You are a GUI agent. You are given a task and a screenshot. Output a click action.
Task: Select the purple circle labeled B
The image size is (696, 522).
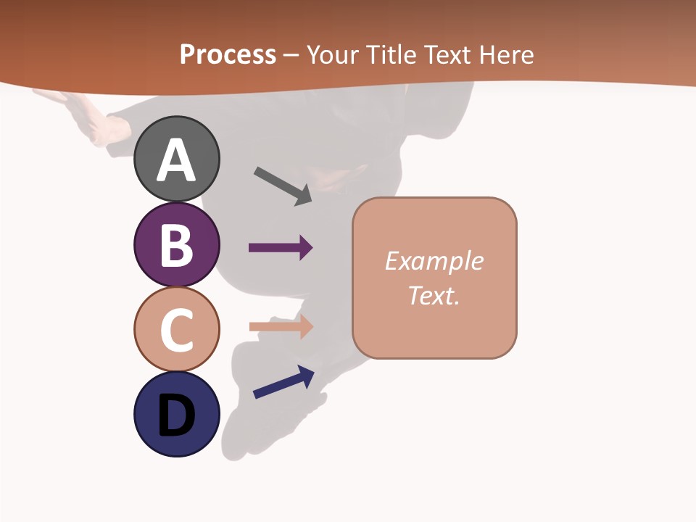tap(176, 244)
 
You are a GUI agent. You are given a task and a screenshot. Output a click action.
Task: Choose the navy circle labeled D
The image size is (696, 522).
tap(176, 414)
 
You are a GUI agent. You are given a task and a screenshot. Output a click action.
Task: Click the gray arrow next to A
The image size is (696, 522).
tap(283, 186)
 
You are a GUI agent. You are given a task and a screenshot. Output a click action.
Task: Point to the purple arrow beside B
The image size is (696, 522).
tap(281, 248)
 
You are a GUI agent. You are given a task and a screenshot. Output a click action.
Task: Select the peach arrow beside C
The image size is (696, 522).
tap(281, 326)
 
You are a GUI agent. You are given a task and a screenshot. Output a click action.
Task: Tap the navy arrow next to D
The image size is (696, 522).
tap(283, 382)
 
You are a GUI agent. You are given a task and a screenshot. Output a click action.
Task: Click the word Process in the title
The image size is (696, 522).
tap(228, 54)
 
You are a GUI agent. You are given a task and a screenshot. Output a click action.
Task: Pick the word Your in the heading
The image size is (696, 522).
tap(334, 54)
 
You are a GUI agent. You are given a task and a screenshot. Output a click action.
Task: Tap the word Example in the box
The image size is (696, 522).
tap(434, 261)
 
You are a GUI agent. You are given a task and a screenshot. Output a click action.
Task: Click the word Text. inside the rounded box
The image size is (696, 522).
tap(434, 295)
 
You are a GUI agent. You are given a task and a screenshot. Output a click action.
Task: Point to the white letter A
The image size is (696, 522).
tap(176, 161)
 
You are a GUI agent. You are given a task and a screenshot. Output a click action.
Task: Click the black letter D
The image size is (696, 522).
tap(176, 417)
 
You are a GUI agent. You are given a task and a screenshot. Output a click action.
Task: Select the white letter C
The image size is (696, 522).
tap(176, 330)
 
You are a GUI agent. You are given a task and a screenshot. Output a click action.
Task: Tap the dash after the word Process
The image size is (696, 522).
tap(291, 55)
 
